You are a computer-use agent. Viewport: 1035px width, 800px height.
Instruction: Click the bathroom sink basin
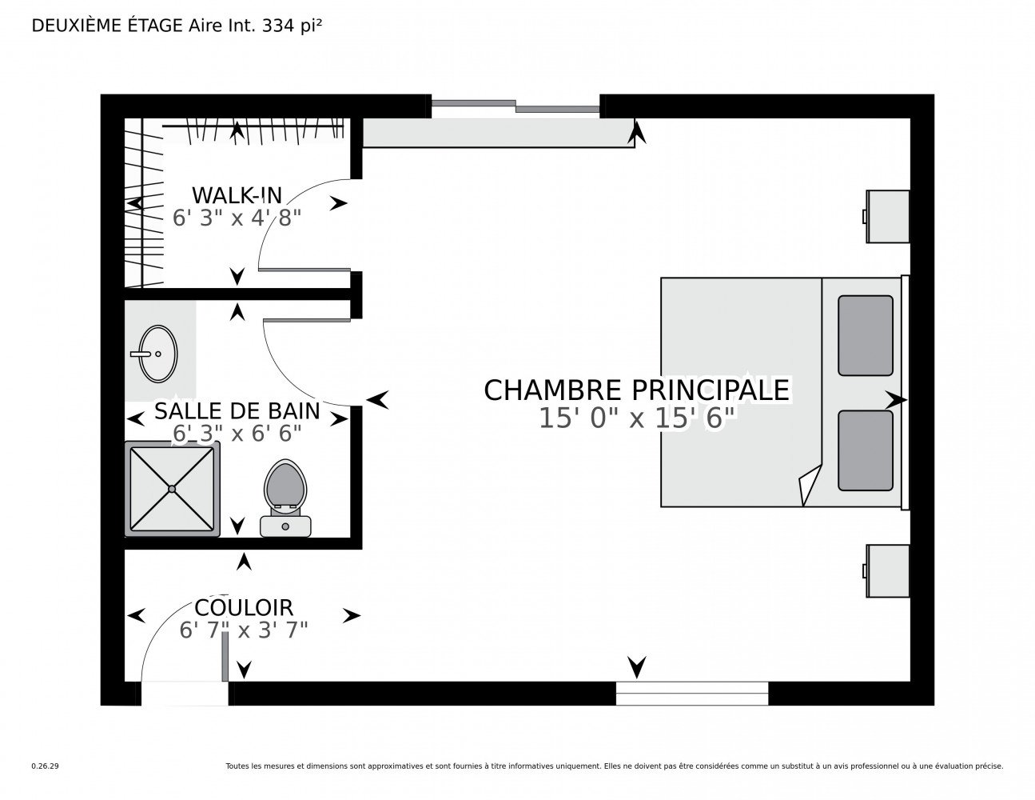[x=157, y=354]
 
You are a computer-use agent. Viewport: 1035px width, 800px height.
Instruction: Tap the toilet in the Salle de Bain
[x=285, y=498]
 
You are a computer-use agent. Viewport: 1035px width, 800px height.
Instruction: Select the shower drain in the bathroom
[x=172, y=489]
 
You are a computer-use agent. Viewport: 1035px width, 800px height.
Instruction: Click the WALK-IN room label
[x=237, y=195]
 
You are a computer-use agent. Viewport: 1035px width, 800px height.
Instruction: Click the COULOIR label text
[x=244, y=608]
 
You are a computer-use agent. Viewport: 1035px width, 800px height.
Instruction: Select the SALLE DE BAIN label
[x=237, y=411]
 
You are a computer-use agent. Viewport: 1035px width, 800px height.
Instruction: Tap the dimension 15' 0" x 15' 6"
[x=637, y=418]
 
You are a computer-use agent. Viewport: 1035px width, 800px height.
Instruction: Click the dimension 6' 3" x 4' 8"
[x=237, y=218]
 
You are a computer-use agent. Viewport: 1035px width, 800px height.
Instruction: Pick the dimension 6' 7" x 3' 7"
[x=244, y=630]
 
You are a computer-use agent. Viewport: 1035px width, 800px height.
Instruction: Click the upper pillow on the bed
[x=865, y=335]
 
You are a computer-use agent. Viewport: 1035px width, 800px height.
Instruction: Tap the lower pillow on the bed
[x=865, y=450]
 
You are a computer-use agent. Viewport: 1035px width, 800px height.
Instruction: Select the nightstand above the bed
[x=887, y=217]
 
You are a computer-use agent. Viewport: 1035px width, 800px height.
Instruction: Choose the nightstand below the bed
[x=887, y=570]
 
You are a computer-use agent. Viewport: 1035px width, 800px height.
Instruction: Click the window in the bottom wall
[x=691, y=694]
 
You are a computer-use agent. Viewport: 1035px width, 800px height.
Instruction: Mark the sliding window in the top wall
[x=516, y=106]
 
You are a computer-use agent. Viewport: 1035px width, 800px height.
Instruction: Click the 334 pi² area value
[x=292, y=26]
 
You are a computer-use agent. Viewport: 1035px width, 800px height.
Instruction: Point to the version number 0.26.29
[x=46, y=766]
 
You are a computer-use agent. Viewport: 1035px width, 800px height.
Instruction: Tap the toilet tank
[x=285, y=526]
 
